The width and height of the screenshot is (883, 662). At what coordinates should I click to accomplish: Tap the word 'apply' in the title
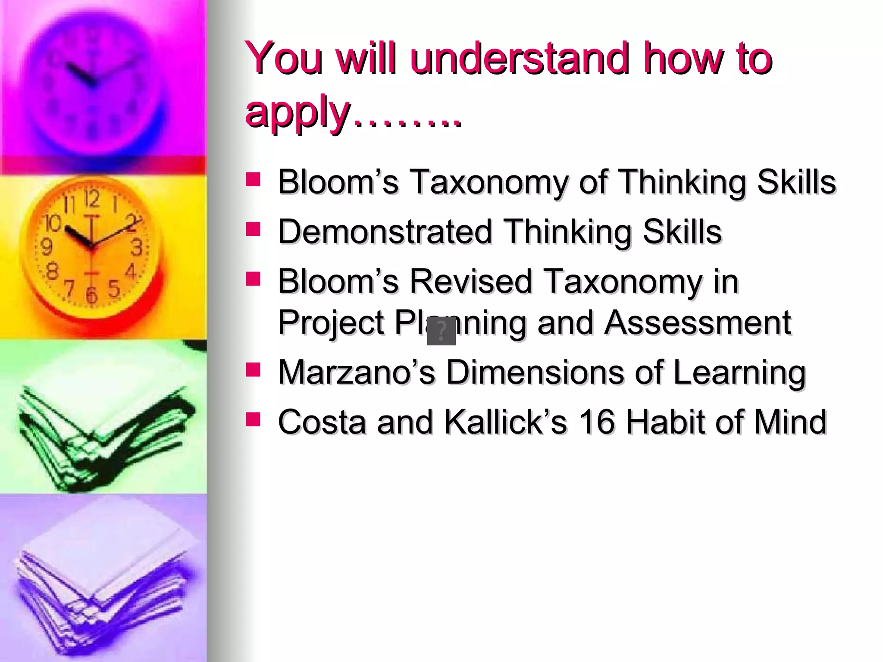pos(297,113)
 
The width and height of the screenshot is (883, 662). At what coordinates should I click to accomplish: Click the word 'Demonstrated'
pos(385,231)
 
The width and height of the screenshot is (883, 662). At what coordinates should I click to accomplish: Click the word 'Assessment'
pos(697,322)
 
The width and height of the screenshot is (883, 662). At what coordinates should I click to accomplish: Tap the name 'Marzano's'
pos(356,372)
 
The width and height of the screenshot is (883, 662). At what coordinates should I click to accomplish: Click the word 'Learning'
pos(739,373)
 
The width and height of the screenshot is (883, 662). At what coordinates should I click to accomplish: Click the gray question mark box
pos(441,331)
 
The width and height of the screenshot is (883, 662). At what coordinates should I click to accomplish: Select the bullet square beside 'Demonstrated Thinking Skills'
pos(253,229)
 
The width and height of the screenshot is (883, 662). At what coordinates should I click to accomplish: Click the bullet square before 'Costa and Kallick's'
pos(253,419)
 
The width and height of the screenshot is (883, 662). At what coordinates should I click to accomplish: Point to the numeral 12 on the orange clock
pos(91,199)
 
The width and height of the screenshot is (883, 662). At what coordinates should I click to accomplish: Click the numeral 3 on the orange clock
pos(136,247)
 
